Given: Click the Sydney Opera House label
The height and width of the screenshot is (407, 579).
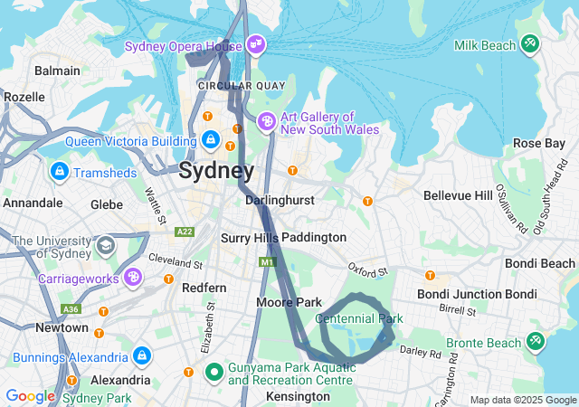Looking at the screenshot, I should pos(183,46).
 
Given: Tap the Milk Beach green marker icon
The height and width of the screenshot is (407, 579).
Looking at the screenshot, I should pos(530,43).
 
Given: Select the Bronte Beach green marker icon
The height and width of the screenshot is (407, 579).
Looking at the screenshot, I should pos(535,341).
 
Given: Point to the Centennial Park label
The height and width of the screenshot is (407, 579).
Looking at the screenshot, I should pos(359,318).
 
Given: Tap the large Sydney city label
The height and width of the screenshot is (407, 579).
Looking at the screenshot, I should pos(216,170).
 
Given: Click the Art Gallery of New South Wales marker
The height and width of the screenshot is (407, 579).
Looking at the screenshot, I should pos(267,120).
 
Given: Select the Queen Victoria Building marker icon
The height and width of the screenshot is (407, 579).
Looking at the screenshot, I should pos(210,139).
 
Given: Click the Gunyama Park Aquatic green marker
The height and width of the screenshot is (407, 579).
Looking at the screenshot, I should pos(214,371).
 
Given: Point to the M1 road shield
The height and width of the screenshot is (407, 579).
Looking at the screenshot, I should pos(266,262).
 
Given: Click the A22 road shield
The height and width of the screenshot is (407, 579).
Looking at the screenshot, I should pos(185,232).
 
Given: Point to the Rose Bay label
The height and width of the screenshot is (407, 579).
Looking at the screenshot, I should pos(538,143).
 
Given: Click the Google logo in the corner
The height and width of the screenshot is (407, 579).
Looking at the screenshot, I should pos(30,396).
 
